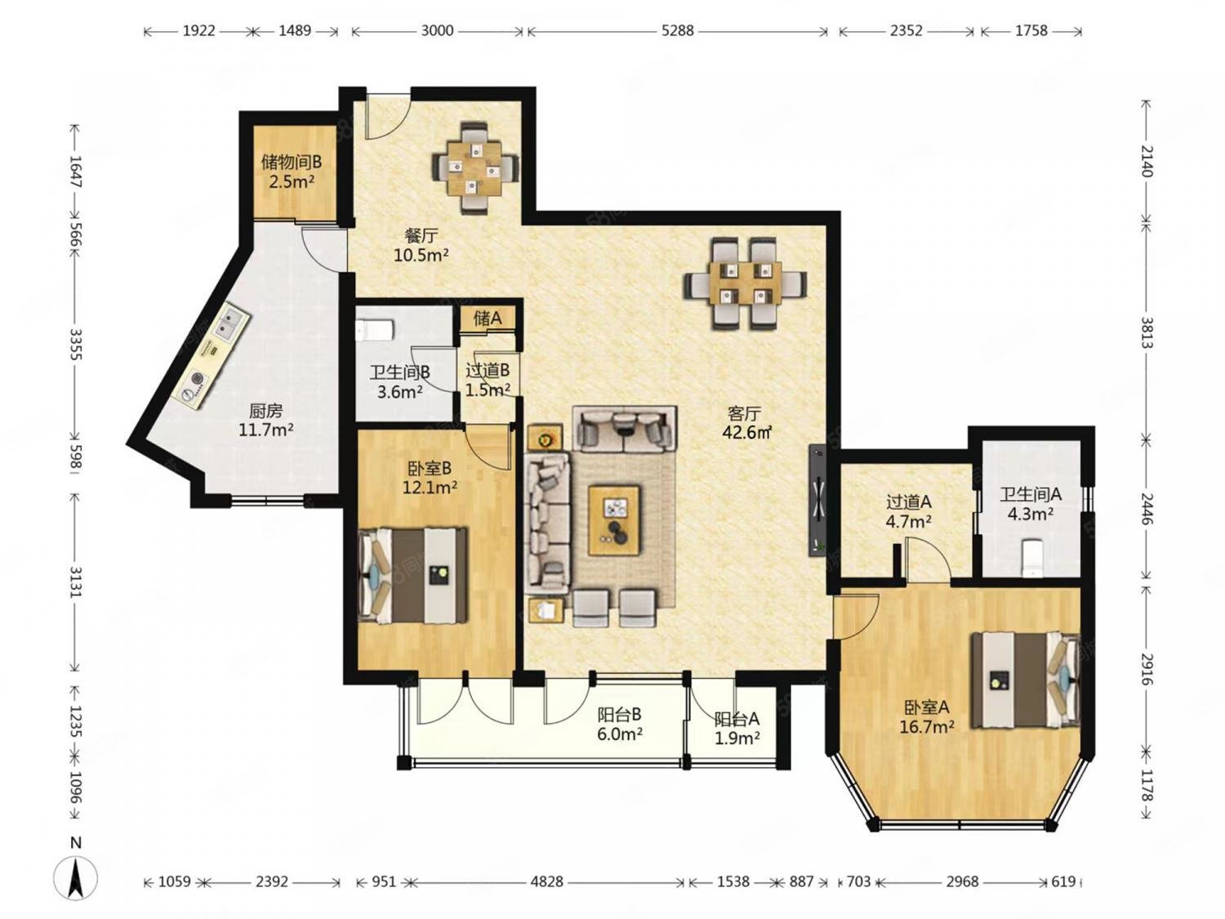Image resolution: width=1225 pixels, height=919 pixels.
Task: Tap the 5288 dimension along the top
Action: tap(678, 30)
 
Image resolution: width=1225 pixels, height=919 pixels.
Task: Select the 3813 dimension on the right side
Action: tap(1147, 332)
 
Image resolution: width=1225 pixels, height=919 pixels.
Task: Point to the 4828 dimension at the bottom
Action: tap(546, 881)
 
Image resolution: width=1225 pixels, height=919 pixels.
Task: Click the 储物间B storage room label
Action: tap(292, 162)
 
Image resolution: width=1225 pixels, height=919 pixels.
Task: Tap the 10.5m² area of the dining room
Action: tap(421, 255)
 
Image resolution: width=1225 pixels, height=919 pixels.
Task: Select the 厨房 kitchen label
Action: tap(265, 411)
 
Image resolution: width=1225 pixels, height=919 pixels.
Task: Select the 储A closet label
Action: tap(488, 318)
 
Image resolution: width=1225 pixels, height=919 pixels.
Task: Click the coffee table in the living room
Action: tap(614, 520)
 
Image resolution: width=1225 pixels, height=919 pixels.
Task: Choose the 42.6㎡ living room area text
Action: tap(746, 432)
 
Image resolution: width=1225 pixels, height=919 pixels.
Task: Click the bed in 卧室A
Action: tap(1025, 679)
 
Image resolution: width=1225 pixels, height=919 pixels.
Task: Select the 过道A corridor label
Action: tap(909, 502)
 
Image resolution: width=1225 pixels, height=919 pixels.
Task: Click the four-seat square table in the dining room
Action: tap(475, 167)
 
